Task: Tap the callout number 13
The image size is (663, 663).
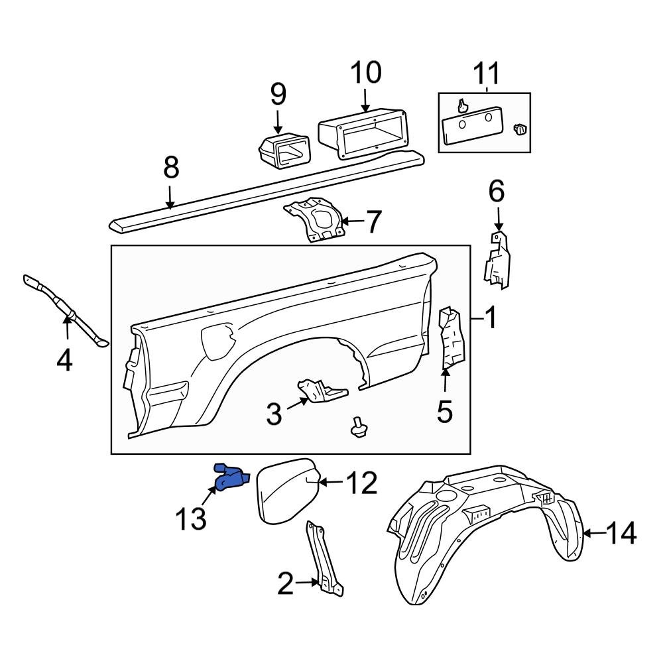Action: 190,518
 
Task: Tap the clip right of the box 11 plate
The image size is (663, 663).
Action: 520,129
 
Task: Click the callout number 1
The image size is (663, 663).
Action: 490,320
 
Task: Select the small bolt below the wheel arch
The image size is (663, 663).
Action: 359,428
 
